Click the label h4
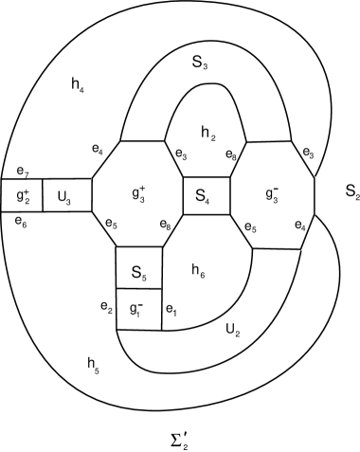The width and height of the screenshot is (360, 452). (x=77, y=90)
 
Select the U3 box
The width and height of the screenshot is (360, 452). (x=66, y=197)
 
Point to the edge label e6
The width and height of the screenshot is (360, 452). (x=22, y=218)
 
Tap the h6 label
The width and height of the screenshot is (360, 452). (x=198, y=270)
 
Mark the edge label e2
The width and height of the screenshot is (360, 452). (x=107, y=309)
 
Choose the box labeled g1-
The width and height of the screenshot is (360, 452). (x=138, y=309)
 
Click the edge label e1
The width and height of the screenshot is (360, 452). (x=171, y=309)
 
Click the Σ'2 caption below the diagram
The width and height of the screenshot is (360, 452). (x=179, y=435)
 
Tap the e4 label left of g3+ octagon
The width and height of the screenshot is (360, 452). (x=98, y=148)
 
